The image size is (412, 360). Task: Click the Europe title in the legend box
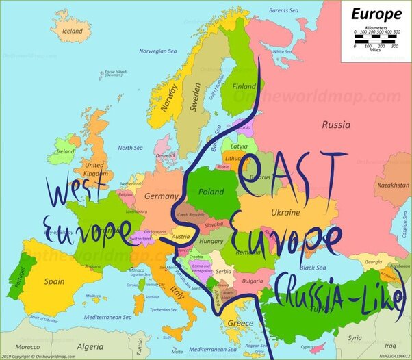[376, 13]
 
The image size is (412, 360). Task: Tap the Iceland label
[72, 31]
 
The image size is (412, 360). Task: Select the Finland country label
[244, 87]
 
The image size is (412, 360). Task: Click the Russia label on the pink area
[336, 125]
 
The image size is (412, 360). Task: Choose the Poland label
[211, 192]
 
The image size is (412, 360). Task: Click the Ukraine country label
[285, 212]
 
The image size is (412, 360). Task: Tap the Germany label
[161, 196]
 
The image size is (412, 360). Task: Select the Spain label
[54, 281]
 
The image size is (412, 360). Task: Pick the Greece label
[240, 322]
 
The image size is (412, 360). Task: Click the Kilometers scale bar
[374, 36]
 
